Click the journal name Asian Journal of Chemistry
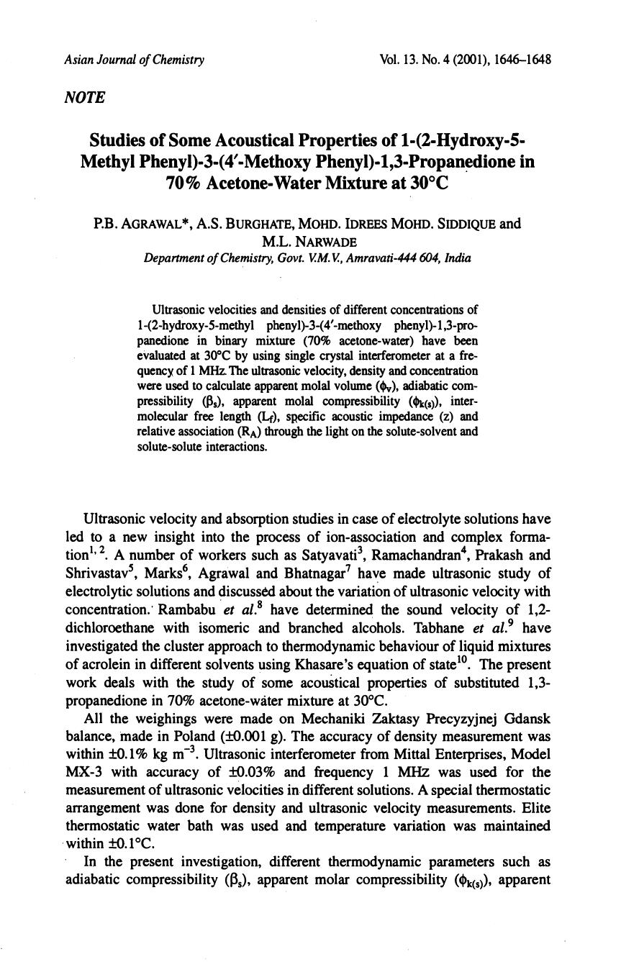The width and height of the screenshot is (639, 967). tap(134, 60)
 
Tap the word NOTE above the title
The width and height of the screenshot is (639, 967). tap(85, 97)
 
